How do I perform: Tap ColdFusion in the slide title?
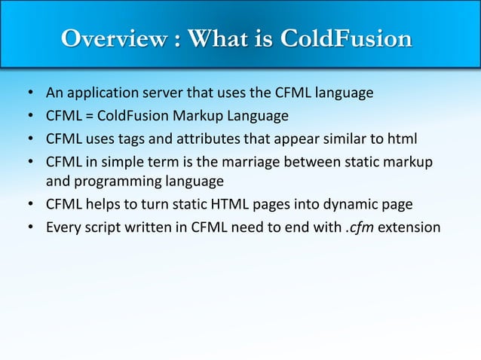click(x=346, y=38)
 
